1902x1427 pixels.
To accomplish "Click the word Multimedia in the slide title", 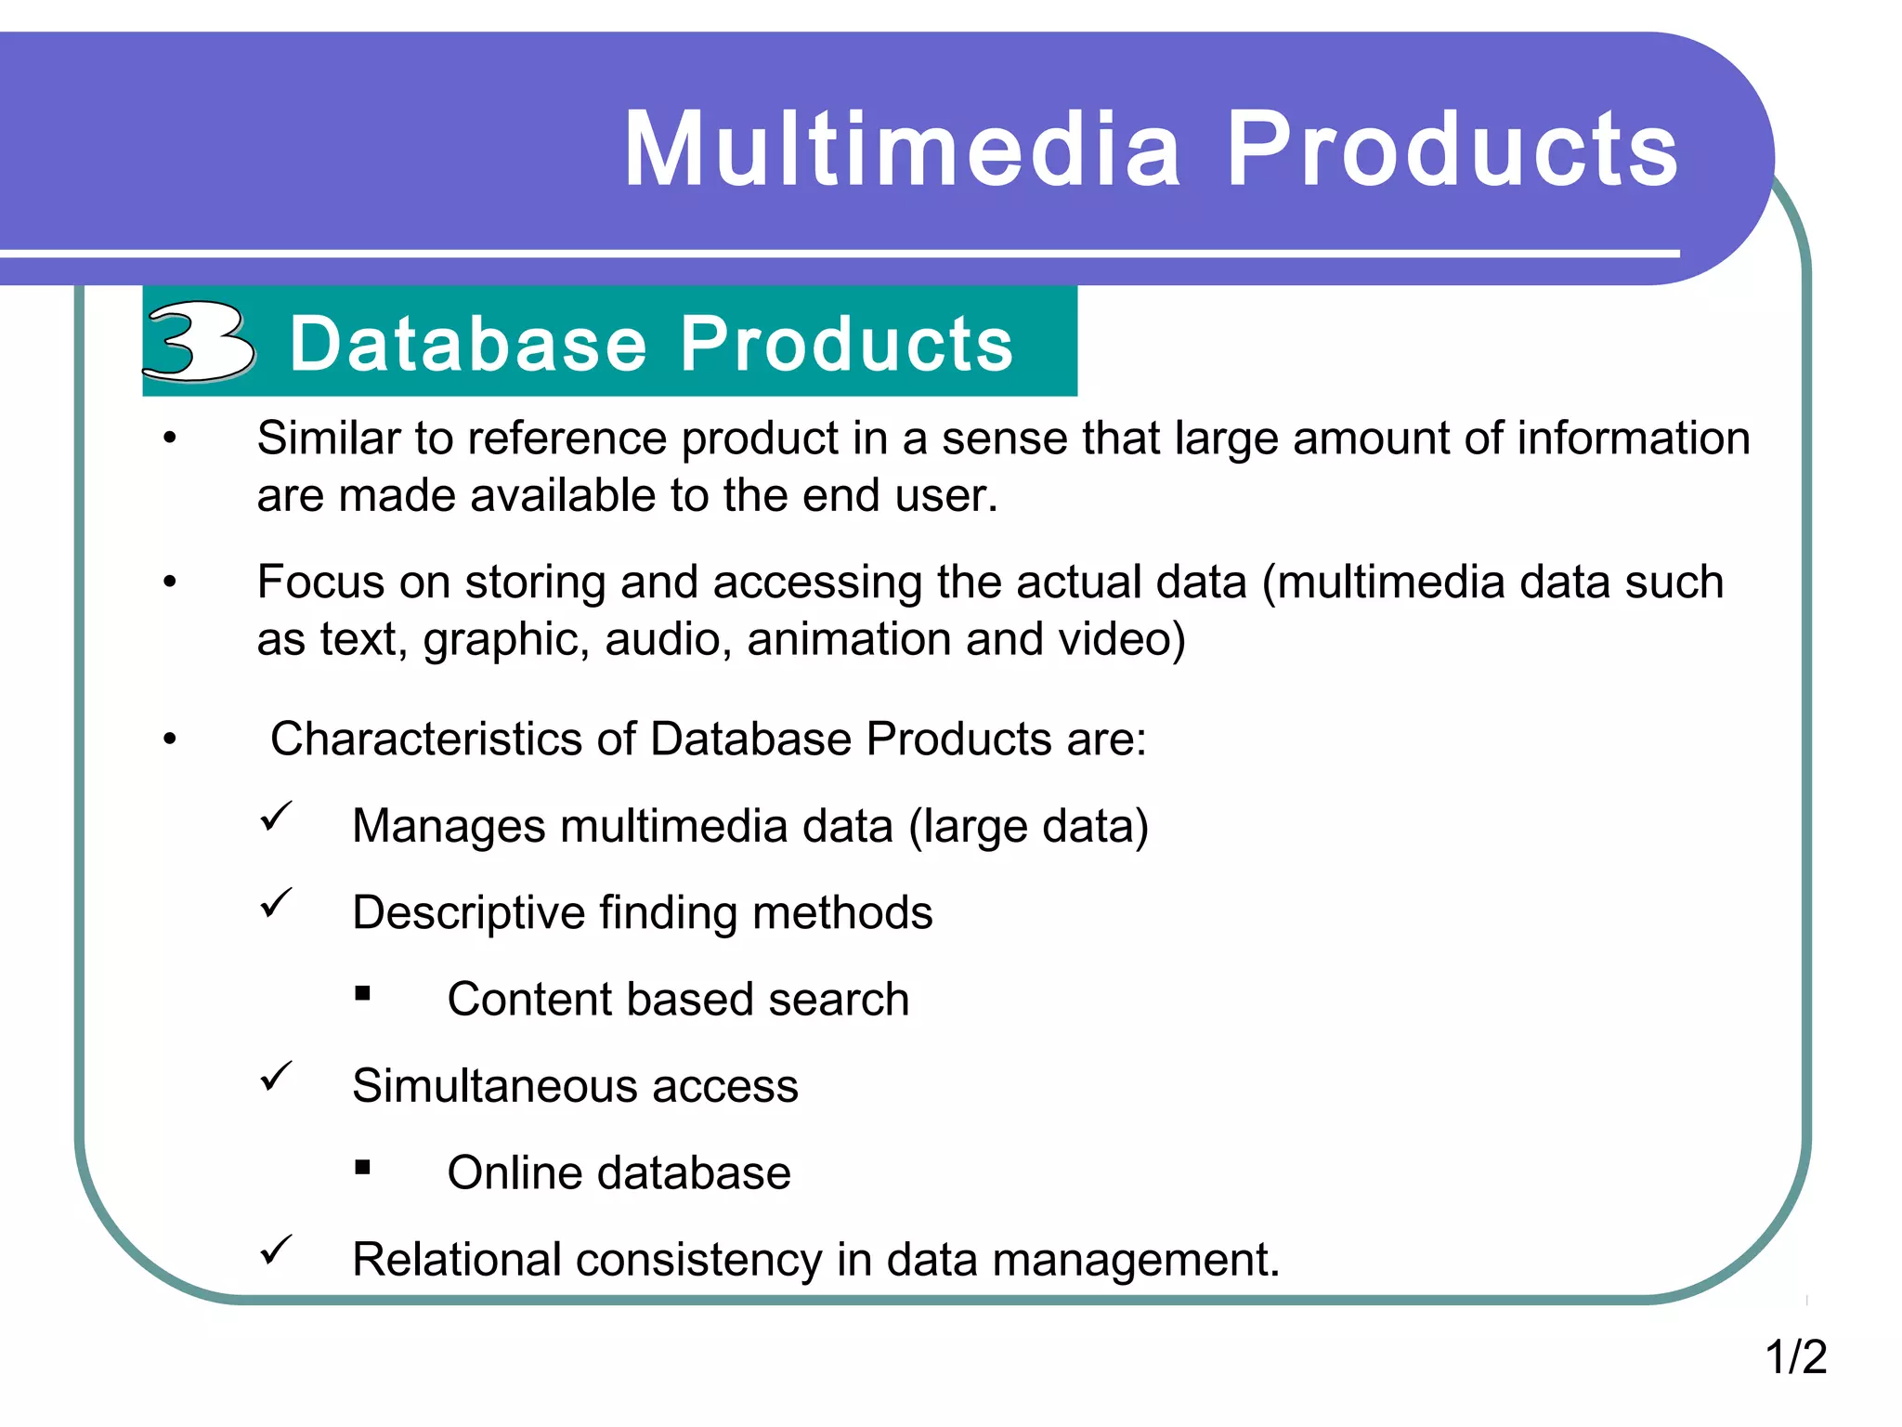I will [x=903, y=151].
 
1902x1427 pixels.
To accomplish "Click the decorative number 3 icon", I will [x=199, y=342].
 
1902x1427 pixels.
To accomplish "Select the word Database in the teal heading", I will [x=468, y=344].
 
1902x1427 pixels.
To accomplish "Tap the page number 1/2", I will [x=1795, y=1357].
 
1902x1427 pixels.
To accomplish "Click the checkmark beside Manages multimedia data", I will [x=276, y=818].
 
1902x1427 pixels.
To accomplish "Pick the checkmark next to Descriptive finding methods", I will [x=276, y=904].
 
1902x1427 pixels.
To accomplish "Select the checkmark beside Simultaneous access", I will [x=276, y=1077].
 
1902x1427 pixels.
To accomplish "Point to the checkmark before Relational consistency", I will [x=276, y=1250].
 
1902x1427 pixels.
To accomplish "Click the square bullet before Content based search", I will [x=362, y=994].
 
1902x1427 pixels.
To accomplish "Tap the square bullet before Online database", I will [x=362, y=1168].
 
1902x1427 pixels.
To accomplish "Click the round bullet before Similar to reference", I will [x=169, y=439].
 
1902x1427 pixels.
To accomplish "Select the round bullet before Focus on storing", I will [x=169, y=583].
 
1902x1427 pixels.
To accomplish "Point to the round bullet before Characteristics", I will [x=169, y=740].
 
